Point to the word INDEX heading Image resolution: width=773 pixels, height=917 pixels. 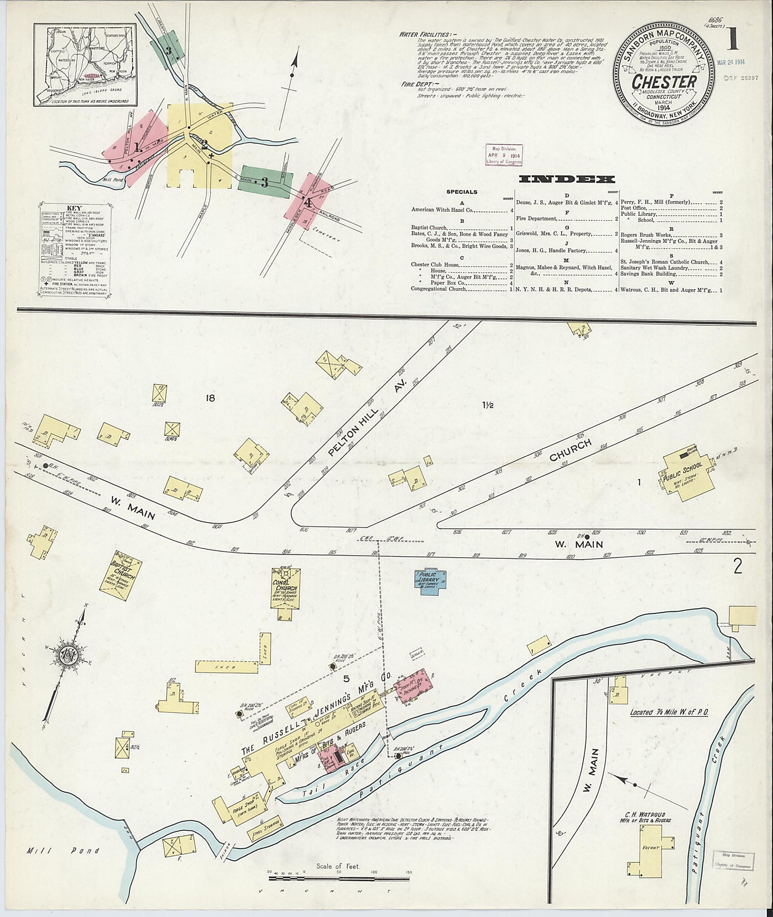566,179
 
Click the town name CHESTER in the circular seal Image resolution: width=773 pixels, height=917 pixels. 664,82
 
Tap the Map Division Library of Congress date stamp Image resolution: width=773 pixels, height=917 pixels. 503,154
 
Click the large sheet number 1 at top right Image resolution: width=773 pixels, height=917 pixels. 732,39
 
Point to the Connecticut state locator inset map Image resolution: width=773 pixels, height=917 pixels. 86,64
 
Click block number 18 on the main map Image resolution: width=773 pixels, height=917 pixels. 209,397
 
